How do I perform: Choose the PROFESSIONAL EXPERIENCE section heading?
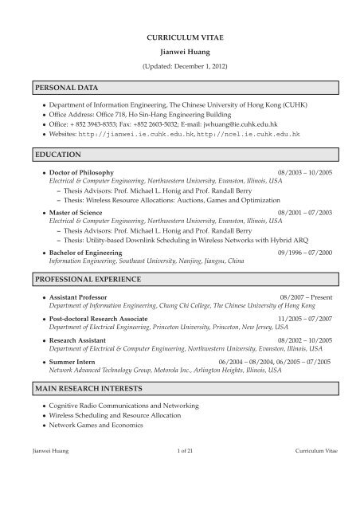coord(80,280)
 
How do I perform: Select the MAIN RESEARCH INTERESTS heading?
coord(81,388)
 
